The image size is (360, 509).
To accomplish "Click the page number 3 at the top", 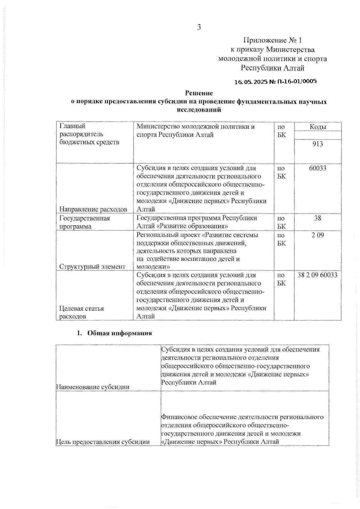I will pos(199,27).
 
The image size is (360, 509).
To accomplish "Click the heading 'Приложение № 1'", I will pos(272,40).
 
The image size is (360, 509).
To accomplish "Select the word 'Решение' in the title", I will pos(199,93).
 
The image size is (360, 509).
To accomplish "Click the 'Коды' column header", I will pos(318,127).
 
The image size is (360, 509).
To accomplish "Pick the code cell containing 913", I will pos(318,144).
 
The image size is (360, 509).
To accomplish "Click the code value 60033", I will pos(318,168).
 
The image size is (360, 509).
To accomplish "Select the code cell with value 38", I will pos(318,218).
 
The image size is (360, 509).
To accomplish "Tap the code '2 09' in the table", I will pos(318,235).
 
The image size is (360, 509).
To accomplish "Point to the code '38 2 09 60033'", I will pos(317,275).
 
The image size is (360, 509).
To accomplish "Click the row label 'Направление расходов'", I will pos(93,209).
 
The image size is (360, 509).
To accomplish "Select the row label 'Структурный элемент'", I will pos(92,266).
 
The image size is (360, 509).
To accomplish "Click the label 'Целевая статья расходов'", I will pos(82,312).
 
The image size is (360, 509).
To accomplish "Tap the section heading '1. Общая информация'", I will pos(114,333).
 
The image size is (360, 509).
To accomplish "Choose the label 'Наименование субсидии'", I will pos(93,387).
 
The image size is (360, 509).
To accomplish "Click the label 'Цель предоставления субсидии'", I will pos(103,442).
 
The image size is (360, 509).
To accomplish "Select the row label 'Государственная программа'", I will pos(85,222).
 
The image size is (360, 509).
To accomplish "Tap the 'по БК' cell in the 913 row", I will pos(281,131).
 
